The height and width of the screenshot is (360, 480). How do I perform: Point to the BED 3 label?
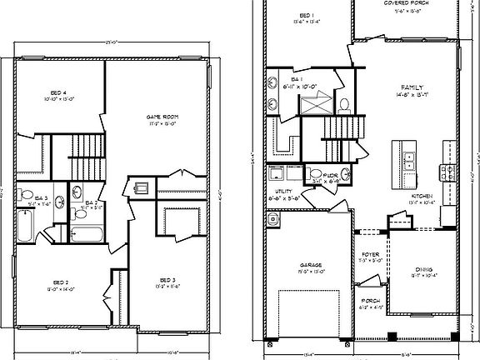tap(166, 280)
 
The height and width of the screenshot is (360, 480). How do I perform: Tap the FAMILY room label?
tap(411, 87)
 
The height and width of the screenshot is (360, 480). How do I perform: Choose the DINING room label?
tap(424, 268)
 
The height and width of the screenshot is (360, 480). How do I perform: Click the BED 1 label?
tap(305, 16)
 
